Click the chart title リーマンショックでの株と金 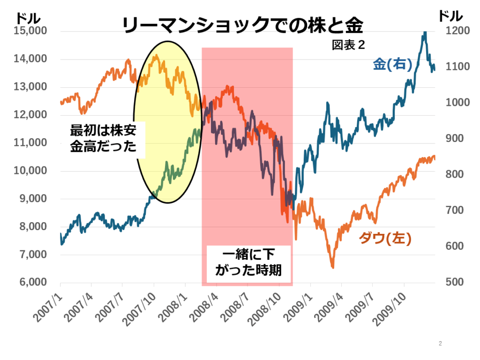242,26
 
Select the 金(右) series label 392,65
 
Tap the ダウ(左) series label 385,239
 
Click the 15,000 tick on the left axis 31,31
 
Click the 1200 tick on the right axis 450,31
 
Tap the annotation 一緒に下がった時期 248,262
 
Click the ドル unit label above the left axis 28,18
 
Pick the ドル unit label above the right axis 450,16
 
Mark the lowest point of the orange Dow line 333,267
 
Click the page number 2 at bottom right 440,344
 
